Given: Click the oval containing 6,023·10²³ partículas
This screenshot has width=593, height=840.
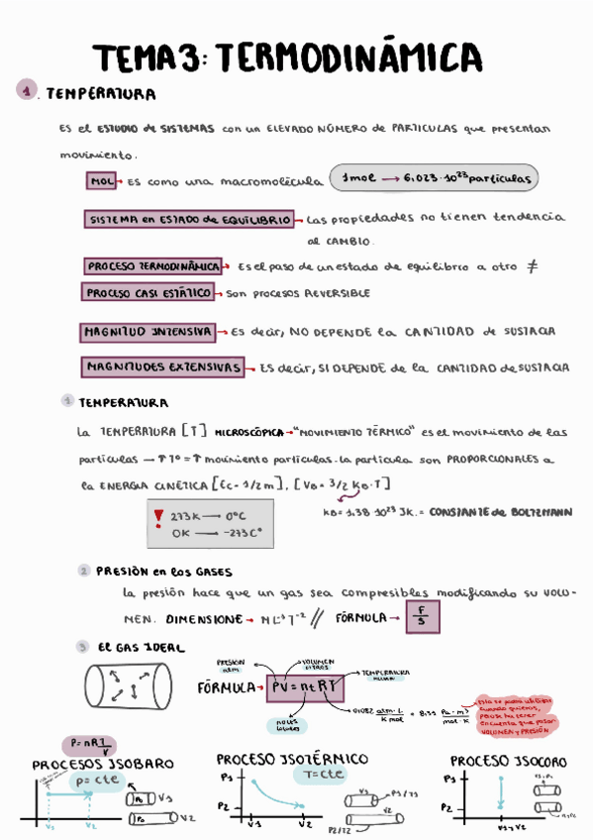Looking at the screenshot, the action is [x=434, y=179].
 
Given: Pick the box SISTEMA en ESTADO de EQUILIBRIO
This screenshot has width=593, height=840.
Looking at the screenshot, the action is [x=189, y=219].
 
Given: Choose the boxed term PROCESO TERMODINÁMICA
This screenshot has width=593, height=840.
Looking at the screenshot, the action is [x=153, y=266].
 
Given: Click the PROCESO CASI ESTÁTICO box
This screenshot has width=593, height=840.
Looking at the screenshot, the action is [x=148, y=293].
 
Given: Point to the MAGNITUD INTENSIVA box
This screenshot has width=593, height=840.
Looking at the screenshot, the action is [x=148, y=331].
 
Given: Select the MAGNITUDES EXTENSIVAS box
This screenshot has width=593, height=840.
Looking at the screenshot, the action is [x=163, y=367].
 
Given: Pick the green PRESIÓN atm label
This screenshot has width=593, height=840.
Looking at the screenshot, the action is [x=231, y=664].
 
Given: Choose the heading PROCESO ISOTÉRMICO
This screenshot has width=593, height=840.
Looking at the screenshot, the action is [x=292, y=759].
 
